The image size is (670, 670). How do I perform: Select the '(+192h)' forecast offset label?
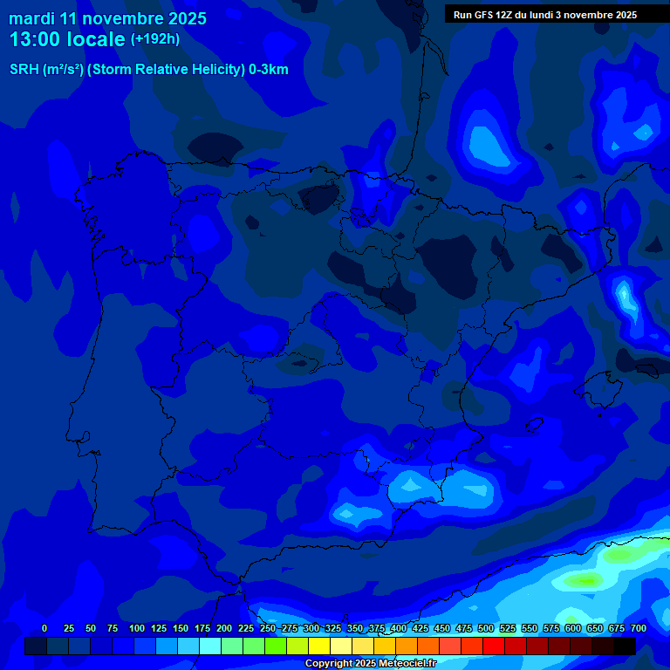click(154, 38)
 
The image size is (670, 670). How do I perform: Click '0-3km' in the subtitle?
click(269, 70)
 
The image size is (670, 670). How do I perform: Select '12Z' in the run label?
click(506, 15)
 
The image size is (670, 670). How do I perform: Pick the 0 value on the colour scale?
click(44, 628)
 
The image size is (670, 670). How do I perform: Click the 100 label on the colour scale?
click(137, 628)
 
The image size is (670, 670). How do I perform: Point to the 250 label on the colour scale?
click(268, 628)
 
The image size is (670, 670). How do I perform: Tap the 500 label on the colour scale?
click(486, 628)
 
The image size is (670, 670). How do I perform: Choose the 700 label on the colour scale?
click(639, 628)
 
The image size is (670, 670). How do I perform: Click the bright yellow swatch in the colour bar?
click(319, 646)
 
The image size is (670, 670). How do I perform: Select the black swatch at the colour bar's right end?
click(624, 646)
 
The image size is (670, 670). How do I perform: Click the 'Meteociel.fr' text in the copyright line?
click(403, 664)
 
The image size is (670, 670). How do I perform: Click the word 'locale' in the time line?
click(96, 39)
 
